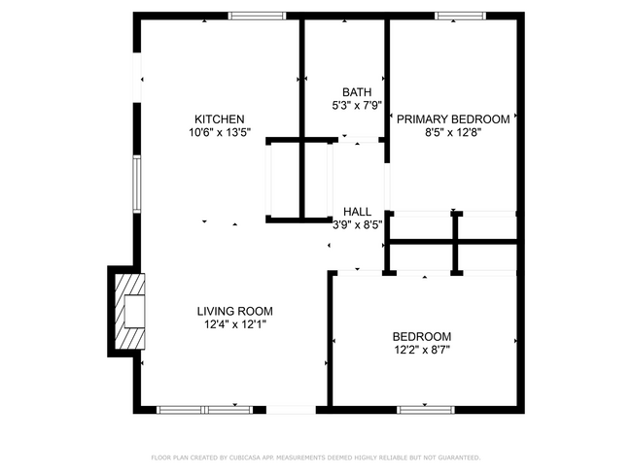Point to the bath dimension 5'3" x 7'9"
click(x=355, y=106)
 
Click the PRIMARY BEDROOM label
click(x=452, y=119)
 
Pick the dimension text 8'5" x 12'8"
click(x=452, y=133)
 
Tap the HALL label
click(x=357, y=211)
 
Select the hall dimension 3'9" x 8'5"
click(x=357, y=224)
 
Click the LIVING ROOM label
click(x=234, y=312)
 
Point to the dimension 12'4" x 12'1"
click(x=234, y=325)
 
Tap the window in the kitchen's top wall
click(x=257, y=16)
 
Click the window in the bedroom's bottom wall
click(x=426, y=409)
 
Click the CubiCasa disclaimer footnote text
click(x=315, y=457)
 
